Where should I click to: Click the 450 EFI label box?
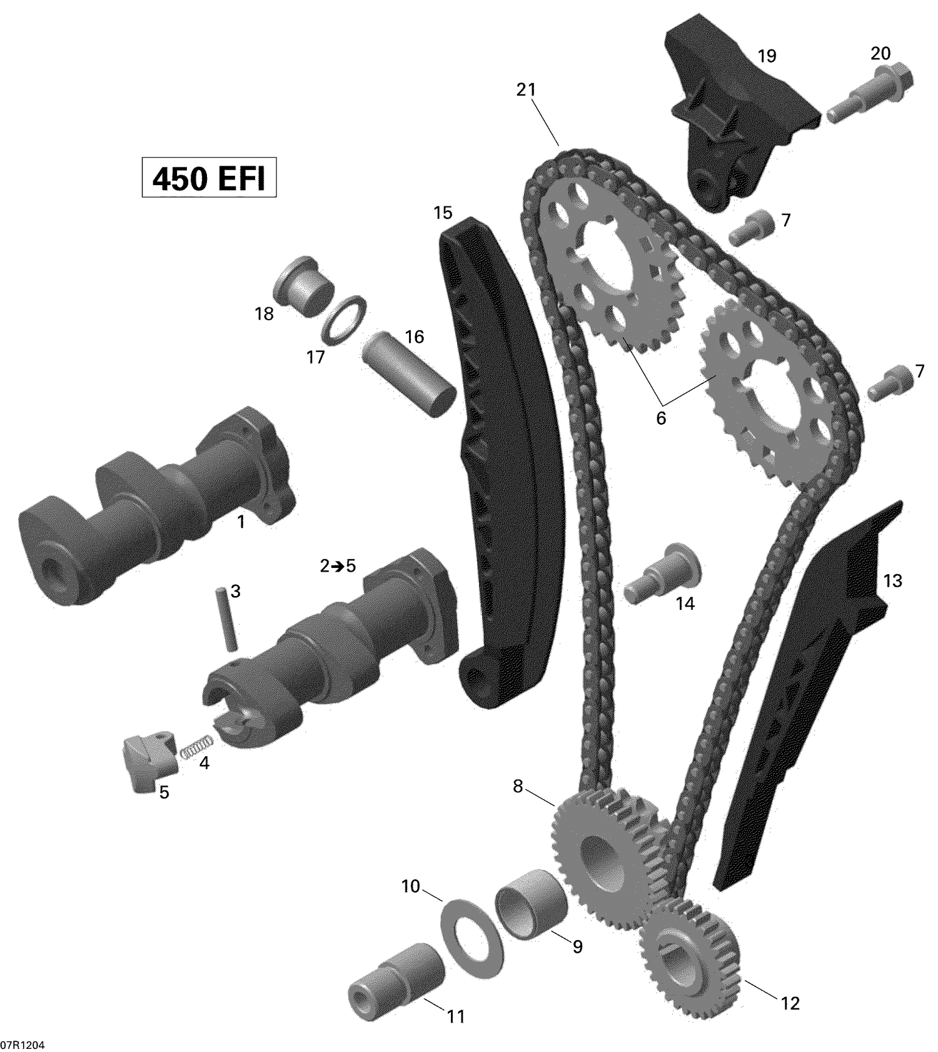(209, 179)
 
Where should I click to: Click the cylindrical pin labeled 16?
(410, 379)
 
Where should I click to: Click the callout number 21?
(526, 89)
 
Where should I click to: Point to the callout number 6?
(661, 418)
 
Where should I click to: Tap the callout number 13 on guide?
(892, 581)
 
